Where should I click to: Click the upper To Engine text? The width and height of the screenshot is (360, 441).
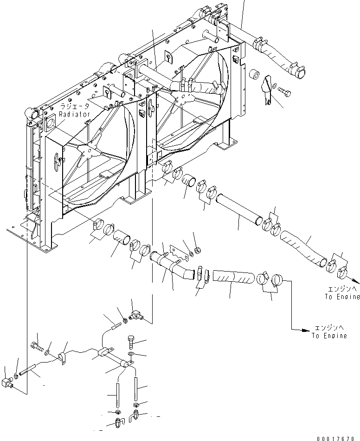click(x=341, y=297)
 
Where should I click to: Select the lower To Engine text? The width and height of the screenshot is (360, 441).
click(x=329, y=336)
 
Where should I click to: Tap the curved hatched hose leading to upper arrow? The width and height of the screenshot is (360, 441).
click(x=302, y=247)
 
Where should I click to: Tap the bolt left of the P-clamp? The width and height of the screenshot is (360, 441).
click(x=37, y=346)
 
